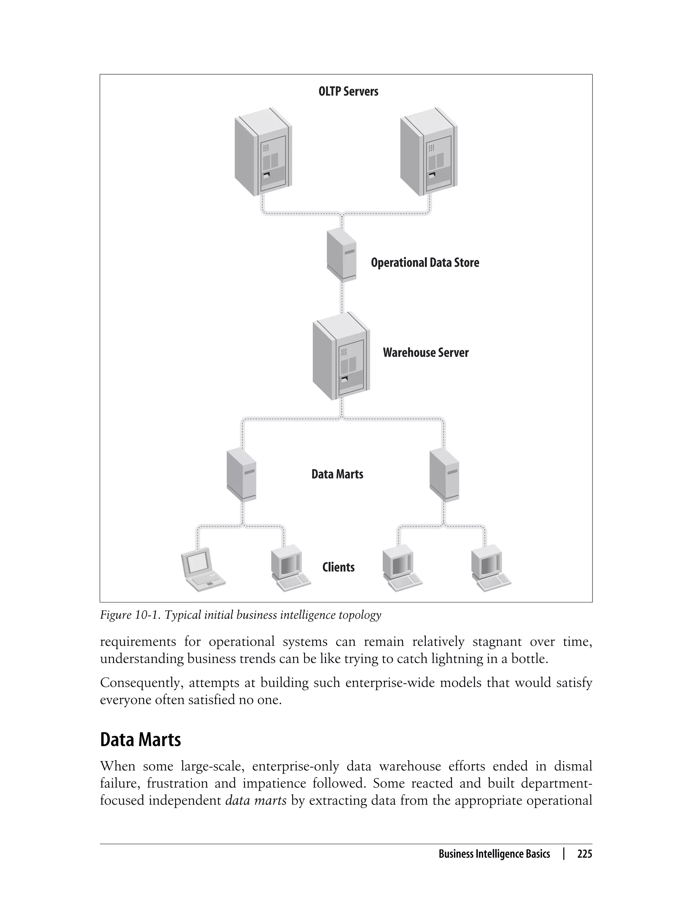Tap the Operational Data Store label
[x=425, y=263]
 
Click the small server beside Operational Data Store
[x=341, y=255]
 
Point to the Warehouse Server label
[x=426, y=353]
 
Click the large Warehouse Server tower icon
[x=341, y=356]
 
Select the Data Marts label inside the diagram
[x=337, y=474]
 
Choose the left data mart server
[x=242, y=475]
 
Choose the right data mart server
[x=444, y=475]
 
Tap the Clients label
[x=338, y=567]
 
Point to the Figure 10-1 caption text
[x=241, y=615]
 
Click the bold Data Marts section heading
[x=140, y=740]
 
